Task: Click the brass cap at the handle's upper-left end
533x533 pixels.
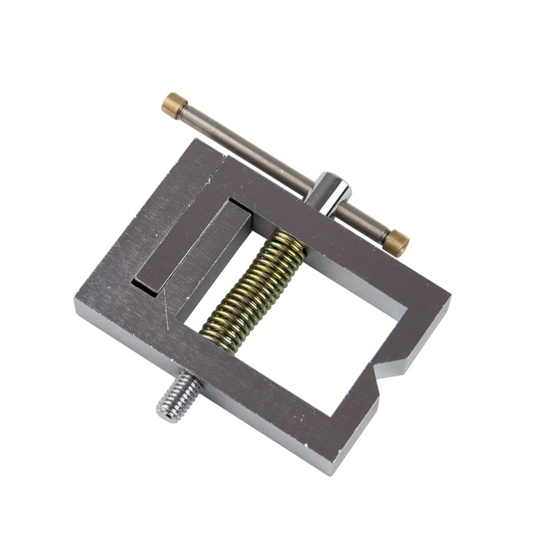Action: [x=175, y=105]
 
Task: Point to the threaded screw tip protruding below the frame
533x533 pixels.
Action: [x=177, y=398]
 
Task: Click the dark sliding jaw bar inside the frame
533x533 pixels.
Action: [x=191, y=247]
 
